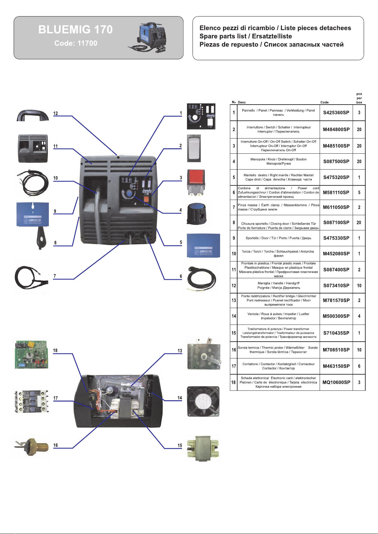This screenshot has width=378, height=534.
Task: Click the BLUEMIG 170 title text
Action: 75,29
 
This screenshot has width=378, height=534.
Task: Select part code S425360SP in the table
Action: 336,113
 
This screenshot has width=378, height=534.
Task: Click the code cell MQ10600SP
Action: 336,383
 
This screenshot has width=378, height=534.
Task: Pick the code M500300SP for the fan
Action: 336,316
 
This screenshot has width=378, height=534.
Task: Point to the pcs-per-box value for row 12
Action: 359,286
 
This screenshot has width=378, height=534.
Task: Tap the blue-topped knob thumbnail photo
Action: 196,214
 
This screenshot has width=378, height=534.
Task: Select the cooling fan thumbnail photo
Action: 203,402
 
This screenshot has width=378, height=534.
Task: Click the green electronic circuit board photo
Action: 31,355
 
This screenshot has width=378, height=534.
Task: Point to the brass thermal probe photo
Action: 31,447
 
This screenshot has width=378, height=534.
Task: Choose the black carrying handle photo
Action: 33,115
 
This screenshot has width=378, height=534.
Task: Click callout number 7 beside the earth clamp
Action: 55,276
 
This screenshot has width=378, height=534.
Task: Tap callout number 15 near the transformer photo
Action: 179,445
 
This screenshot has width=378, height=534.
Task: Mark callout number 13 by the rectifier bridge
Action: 179,351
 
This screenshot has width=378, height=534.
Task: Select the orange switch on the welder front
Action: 146,199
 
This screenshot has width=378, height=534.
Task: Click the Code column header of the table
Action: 324,102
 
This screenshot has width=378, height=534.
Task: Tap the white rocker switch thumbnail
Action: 194,148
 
